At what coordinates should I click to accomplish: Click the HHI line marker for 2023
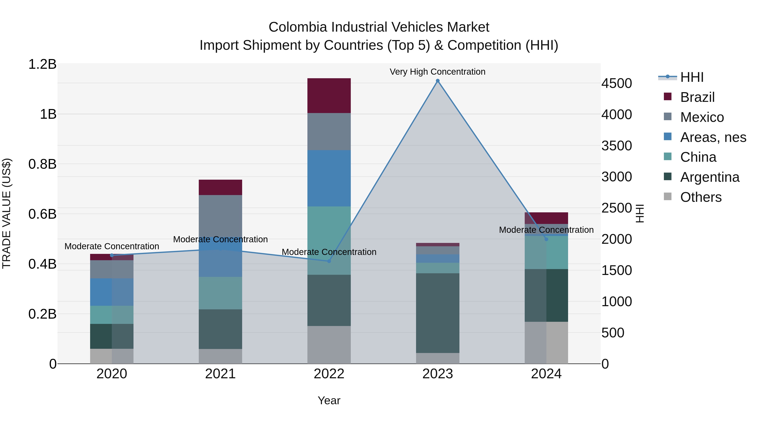[438, 81]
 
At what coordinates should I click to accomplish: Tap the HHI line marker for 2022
[329, 261]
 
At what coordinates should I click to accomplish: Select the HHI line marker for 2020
[112, 255]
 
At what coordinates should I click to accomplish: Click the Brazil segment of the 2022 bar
[329, 96]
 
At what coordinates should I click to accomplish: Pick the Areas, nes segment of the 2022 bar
[329, 178]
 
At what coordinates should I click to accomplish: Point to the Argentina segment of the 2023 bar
[438, 313]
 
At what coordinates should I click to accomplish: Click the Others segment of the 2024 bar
[546, 342]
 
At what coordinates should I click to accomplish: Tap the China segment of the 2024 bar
[546, 253]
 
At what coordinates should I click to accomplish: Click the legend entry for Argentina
[709, 177]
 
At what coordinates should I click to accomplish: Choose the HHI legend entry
[691, 77]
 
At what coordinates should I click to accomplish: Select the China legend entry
[698, 157]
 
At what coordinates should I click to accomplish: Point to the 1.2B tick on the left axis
[42, 64]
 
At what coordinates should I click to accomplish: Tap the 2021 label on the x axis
[220, 374]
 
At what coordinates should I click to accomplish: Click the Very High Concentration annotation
[438, 72]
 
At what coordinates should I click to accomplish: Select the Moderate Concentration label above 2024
[546, 230]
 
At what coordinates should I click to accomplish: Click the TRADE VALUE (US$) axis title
[7, 213]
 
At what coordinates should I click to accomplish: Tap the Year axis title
[329, 400]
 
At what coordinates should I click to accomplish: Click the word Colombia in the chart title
[298, 27]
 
